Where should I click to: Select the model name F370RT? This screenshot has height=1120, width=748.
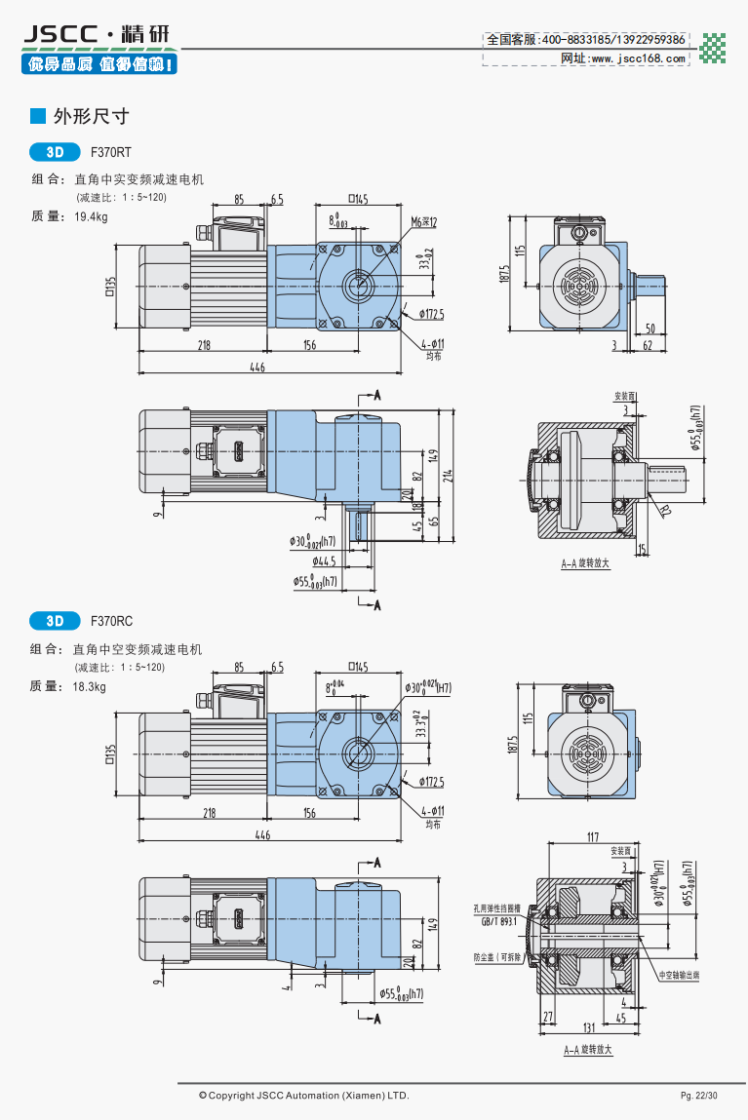pyautogui.click(x=110, y=152)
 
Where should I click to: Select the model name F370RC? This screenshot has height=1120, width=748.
pyautogui.click(x=111, y=620)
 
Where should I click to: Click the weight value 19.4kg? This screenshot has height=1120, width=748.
pyautogui.click(x=92, y=216)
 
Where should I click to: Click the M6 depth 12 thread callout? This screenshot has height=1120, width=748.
pyautogui.click(x=423, y=222)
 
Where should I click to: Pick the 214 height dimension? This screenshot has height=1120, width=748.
pyautogui.click(x=448, y=476)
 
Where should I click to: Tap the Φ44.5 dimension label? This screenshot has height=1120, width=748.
pyautogui.click(x=324, y=562)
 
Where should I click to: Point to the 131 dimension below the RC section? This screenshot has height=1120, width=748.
pyautogui.click(x=588, y=1027)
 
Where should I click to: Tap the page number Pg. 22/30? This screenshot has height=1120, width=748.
pyautogui.click(x=698, y=1096)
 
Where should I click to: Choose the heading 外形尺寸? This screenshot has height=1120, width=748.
pyautogui.click(x=92, y=117)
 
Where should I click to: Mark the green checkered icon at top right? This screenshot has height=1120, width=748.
pyautogui.click(x=715, y=48)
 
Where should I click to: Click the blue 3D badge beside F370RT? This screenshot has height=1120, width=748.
pyautogui.click(x=56, y=152)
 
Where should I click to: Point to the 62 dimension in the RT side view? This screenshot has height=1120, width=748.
pyautogui.click(x=648, y=345)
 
